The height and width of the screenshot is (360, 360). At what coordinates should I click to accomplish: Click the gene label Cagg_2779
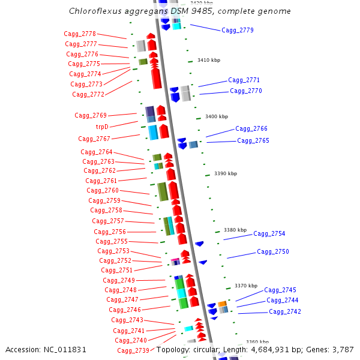click(x=237, y=30)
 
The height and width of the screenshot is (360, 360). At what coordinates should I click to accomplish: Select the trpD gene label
click(x=102, y=127)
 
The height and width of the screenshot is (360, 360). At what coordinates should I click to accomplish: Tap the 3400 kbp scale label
click(x=216, y=116)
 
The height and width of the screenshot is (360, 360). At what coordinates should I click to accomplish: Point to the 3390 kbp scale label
click(x=226, y=173)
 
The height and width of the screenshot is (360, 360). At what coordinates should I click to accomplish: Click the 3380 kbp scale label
click(x=235, y=230)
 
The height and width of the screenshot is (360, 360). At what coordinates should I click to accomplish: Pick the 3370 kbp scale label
click(x=245, y=286)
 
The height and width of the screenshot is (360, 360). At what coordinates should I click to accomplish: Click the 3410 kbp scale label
click(x=208, y=60)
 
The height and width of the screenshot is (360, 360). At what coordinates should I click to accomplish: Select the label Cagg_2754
click(x=269, y=234)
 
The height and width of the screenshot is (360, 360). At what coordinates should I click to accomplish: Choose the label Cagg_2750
click(x=272, y=252)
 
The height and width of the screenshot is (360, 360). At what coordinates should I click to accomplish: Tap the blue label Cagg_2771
click(x=244, y=80)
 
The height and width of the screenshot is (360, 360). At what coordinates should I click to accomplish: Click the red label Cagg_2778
click(x=80, y=34)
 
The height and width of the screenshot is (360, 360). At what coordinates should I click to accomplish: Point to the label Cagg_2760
click(x=103, y=191)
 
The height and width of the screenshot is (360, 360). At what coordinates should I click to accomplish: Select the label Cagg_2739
click(x=133, y=350)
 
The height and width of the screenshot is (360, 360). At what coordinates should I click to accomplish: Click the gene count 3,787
click(x=343, y=349)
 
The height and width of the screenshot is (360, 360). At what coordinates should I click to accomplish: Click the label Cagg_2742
click(x=284, y=312)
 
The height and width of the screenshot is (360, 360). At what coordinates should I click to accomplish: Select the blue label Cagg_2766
click(x=251, y=128)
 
